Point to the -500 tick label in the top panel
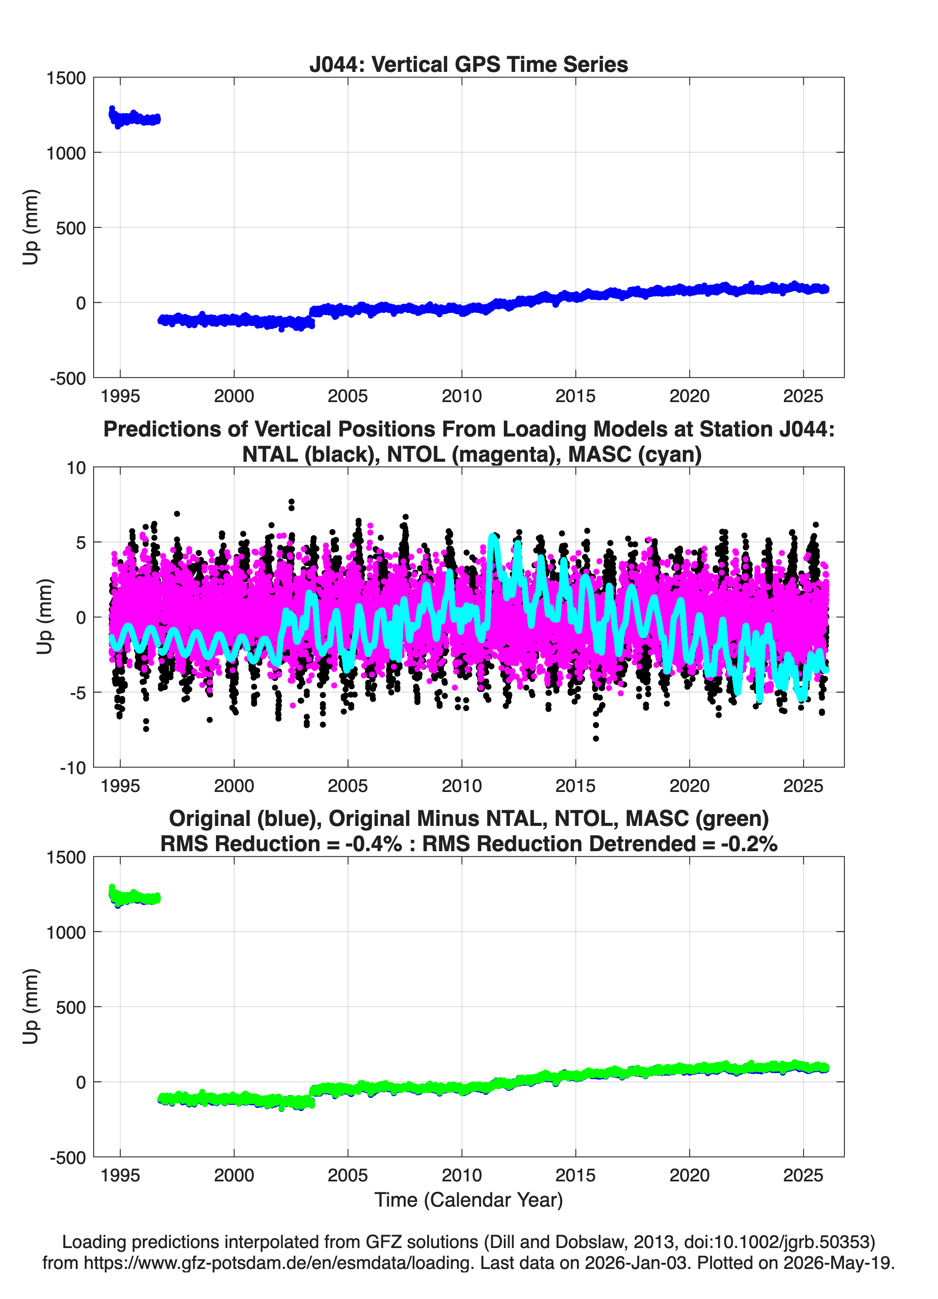67,379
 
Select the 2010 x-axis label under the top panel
462,396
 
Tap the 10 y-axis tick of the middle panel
76,468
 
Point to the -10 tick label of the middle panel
73,768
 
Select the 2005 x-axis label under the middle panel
348,786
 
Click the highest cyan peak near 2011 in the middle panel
493,537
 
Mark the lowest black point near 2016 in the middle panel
596,738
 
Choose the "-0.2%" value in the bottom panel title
749,844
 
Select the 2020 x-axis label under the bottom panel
689,1176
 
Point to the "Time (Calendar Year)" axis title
469,1200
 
